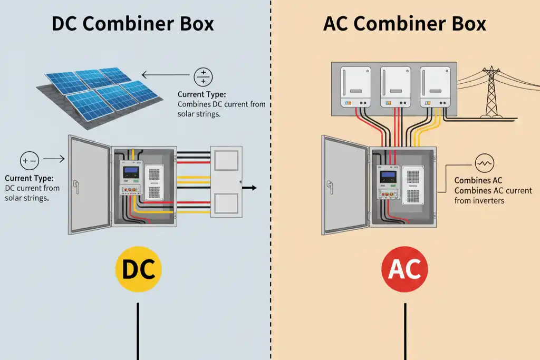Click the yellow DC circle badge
click(x=138, y=269)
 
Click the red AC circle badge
click(x=404, y=269)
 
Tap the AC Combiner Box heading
click(x=404, y=24)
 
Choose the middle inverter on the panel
click(x=396, y=86)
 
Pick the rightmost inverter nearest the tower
click(x=435, y=86)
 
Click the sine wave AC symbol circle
click(x=484, y=164)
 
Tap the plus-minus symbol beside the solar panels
click(x=203, y=77)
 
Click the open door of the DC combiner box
click(x=89, y=184)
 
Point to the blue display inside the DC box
click(x=130, y=171)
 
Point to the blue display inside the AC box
click(x=388, y=177)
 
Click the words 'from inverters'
click(x=479, y=200)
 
